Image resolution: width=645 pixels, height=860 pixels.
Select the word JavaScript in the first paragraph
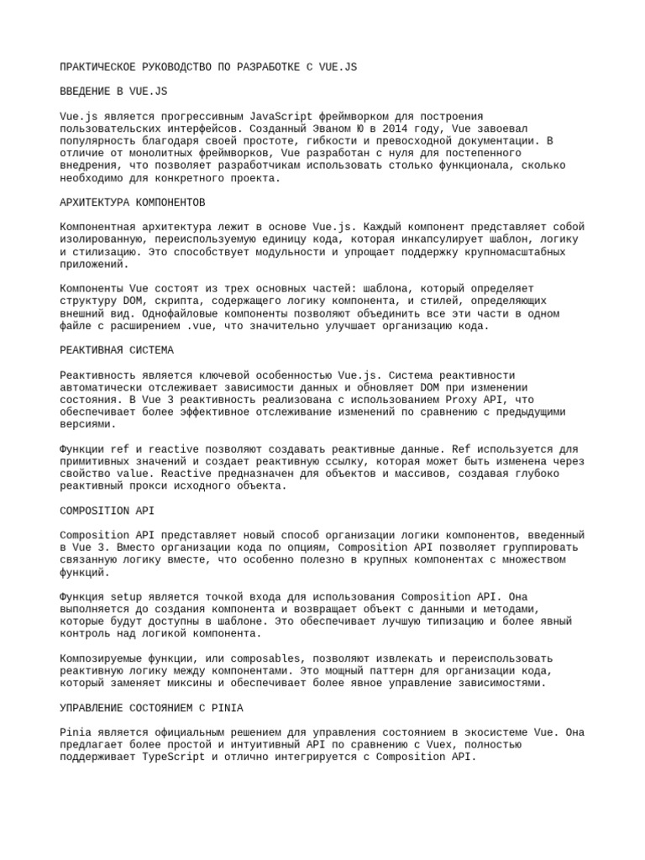256,116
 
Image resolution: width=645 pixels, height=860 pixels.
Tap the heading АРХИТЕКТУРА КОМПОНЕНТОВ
133,203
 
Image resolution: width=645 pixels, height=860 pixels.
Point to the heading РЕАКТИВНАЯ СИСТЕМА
117,349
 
